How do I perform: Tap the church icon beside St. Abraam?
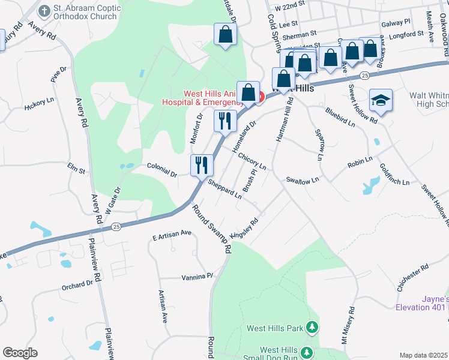(x=44, y=10)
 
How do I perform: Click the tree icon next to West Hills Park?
(x=312, y=328)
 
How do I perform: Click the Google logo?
(x=20, y=352)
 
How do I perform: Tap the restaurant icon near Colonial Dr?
(x=201, y=164)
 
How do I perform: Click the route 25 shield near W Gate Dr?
(x=116, y=226)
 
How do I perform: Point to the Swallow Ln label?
(x=302, y=179)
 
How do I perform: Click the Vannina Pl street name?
(x=197, y=277)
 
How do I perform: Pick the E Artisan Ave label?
(x=171, y=234)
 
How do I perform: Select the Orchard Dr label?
(x=77, y=284)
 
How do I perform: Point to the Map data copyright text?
(x=424, y=355)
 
